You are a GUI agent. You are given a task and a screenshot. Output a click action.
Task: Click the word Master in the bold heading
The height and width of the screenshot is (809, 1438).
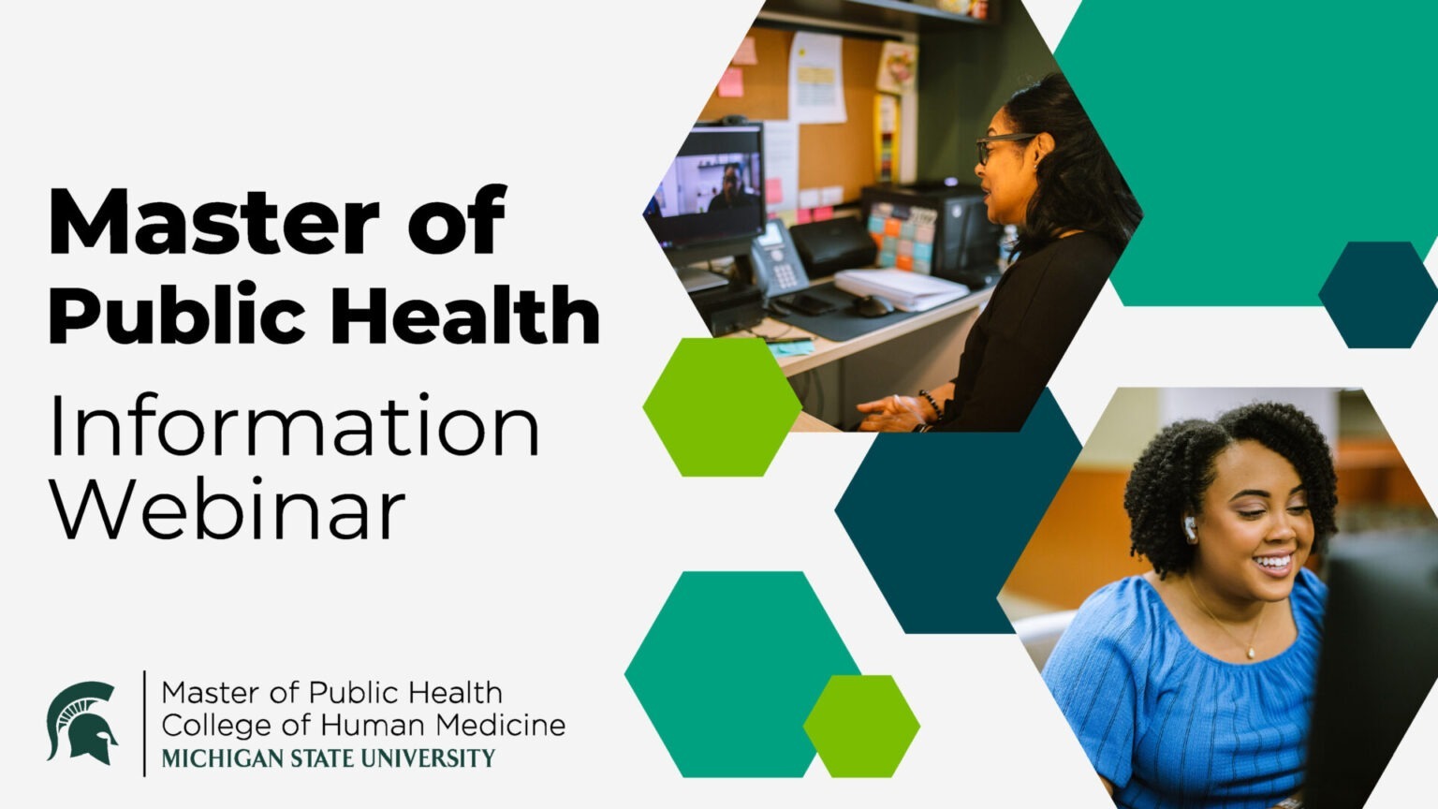click(x=214, y=222)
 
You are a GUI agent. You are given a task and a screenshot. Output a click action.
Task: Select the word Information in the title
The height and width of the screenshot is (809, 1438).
click(x=295, y=425)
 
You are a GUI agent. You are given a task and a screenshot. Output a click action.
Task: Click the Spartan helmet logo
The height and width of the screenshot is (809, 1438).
click(x=82, y=722)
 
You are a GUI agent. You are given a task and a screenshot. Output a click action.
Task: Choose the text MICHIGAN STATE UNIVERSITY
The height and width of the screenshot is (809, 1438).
click(x=328, y=758)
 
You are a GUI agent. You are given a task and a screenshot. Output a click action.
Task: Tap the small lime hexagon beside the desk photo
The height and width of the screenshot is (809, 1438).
click(x=722, y=407)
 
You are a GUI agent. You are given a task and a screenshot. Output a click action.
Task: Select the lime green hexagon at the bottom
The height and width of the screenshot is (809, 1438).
click(x=861, y=727)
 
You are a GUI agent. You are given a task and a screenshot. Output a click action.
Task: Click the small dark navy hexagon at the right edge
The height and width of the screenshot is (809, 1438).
click(x=1378, y=295)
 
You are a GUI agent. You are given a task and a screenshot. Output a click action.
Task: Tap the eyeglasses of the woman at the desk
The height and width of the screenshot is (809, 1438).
click(x=1002, y=146)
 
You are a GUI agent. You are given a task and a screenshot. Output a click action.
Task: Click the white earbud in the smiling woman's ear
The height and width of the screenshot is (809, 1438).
click(x=1190, y=528)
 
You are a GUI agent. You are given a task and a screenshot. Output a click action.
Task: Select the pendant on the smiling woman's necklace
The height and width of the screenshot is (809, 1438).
click(x=1250, y=653)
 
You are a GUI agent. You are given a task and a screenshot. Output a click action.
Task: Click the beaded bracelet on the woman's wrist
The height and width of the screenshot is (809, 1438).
click(x=931, y=404)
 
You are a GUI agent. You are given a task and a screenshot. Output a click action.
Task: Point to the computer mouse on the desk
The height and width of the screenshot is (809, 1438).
click(x=873, y=305)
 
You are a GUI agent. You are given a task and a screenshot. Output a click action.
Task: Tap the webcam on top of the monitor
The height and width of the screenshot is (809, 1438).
click(x=734, y=120)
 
